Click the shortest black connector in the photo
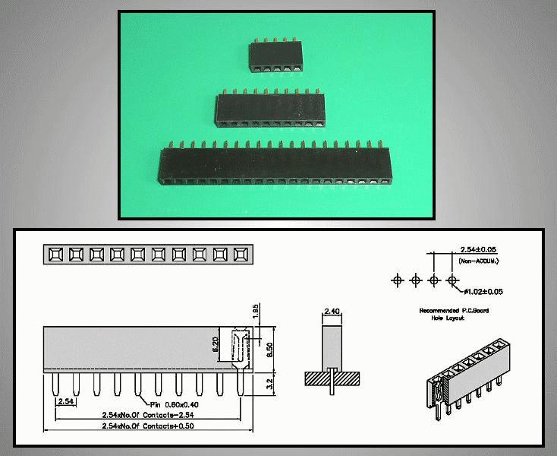(275, 58)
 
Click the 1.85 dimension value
(256, 312)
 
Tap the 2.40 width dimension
(332, 311)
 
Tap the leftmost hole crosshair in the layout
(396, 280)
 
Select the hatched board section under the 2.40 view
(332, 377)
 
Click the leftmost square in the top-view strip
(55, 253)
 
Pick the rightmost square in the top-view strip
(241, 253)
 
